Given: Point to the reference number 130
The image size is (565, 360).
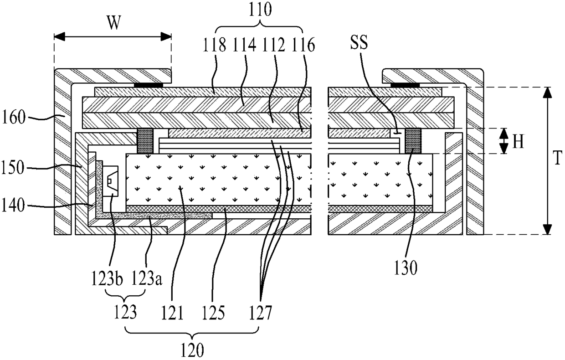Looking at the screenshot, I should (x=406, y=269).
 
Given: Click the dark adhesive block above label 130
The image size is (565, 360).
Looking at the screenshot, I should (x=414, y=141).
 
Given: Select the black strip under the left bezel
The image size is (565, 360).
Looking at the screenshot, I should (x=148, y=85).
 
